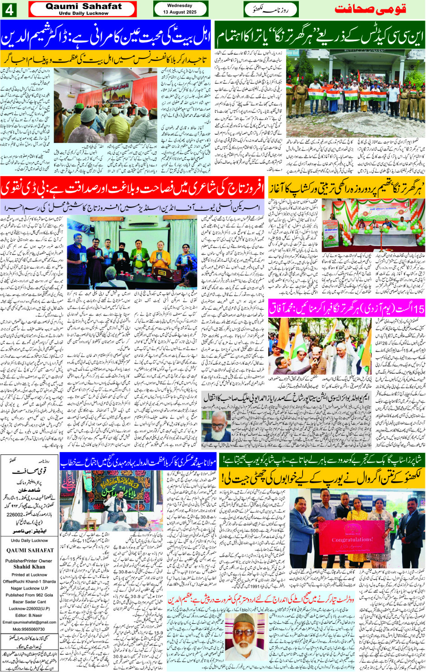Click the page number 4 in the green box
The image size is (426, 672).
point(9,9)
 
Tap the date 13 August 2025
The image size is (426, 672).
point(180,12)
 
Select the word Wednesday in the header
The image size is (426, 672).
point(179,6)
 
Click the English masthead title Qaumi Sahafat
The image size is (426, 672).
point(83,6)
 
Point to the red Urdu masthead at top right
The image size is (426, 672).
point(371,9)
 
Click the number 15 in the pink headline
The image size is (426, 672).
point(418,309)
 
